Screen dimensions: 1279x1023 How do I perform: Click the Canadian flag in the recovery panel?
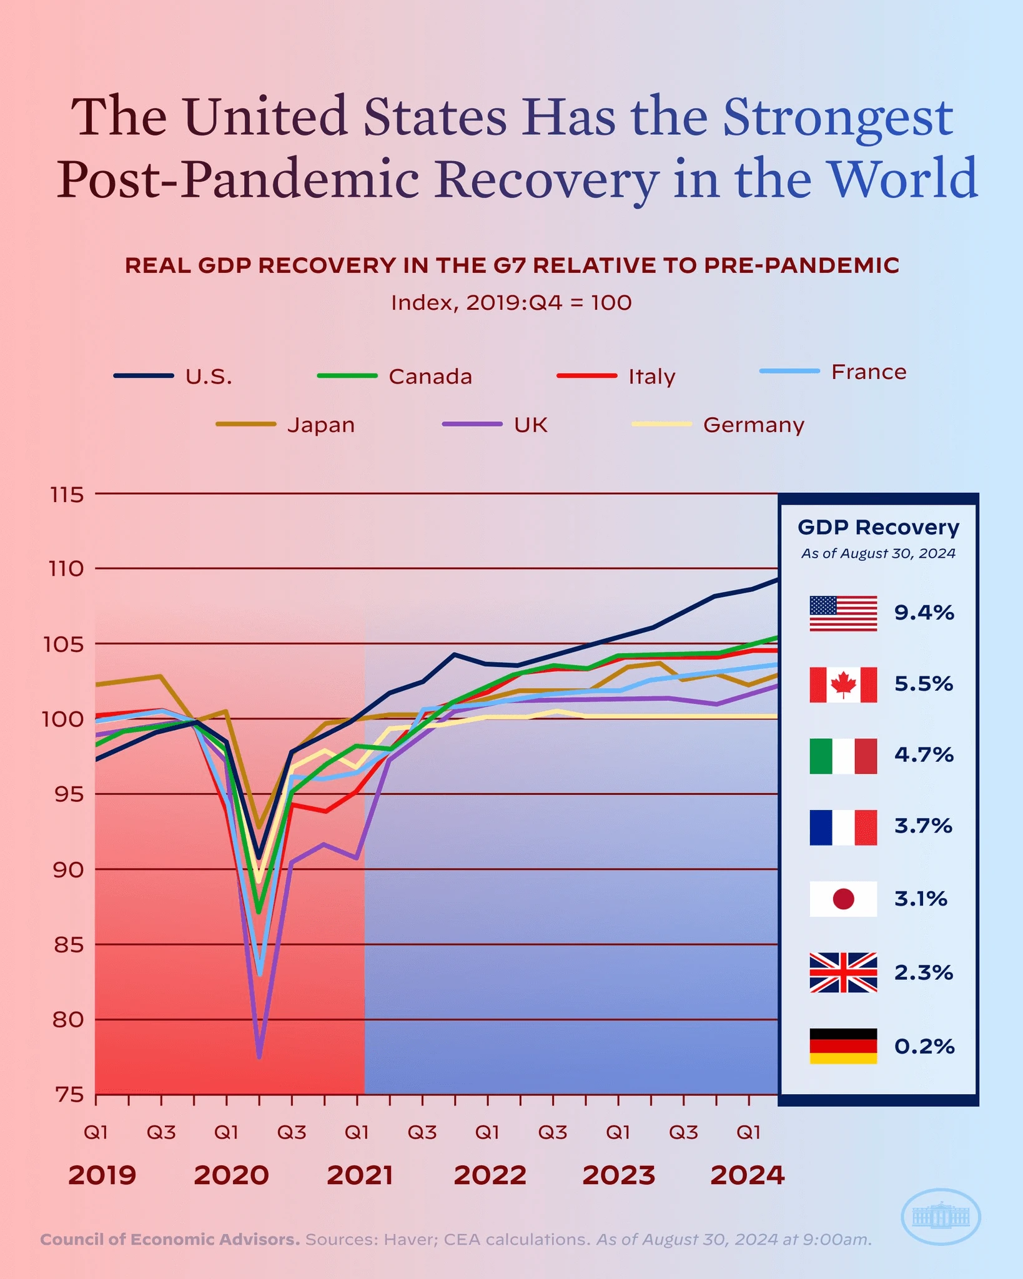tap(843, 684)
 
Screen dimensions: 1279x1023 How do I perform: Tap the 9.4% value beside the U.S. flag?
tap(924, 613)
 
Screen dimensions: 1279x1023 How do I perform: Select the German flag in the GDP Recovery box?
tap(843, 1046)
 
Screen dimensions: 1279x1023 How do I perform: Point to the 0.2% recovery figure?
tap(924, 1046)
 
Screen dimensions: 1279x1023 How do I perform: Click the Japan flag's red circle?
tap(843, 899)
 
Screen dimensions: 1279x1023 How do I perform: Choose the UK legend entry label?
tap(530, 425)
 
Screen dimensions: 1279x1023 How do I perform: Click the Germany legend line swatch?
tap(661, 424)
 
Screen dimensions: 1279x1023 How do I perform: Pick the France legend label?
tap(868, 372)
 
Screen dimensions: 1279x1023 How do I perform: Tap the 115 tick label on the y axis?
tap(67, 495)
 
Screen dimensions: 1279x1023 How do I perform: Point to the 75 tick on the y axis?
tap(69, 1095)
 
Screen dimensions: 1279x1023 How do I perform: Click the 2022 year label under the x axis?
tap(490, 1175)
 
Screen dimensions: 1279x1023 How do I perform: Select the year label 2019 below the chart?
tap(102, 1175)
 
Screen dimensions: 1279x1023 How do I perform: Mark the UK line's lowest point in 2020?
tap(259, 1057)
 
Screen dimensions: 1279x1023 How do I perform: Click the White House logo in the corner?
tap(941, 1217)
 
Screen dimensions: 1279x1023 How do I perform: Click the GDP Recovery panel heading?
tap(878, 527)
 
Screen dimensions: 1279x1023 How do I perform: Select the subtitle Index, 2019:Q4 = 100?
tap(511, 303)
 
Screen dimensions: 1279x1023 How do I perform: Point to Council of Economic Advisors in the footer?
tap(170, 1240)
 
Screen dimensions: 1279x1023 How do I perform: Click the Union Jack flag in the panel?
tap(843, 972)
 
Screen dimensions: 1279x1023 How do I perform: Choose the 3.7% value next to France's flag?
tap(923, 826)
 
